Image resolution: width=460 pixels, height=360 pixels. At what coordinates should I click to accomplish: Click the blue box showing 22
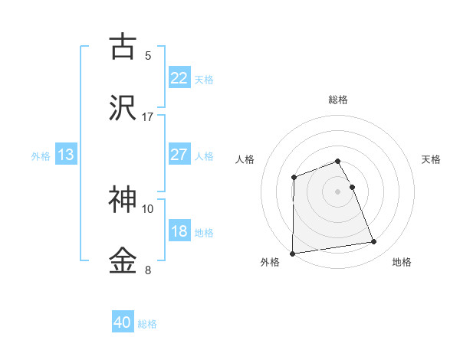pyautogui.click(x=179, y=78)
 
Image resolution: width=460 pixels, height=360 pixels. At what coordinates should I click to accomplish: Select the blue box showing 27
pyautogui.click(x=179, y=155)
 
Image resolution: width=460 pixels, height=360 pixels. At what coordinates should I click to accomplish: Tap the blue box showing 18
pyautogui.click(x=179, y=231)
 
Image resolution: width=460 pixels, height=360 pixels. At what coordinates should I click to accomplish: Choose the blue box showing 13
pyautogui.click(x=66, y=155)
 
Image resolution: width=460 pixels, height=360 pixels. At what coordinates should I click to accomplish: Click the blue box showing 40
pyautogui.click(x=123, y=322)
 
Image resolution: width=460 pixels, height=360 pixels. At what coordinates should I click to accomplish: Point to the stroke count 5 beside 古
pyautogui.click(x=148, y=55)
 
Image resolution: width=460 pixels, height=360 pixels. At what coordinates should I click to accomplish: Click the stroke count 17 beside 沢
pyautogui.click(x=148, y=116)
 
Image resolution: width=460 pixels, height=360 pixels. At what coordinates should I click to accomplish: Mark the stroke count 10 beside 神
pyautogui.click(x=148, y=208)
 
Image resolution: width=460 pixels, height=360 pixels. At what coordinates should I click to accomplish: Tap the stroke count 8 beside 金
pyautogui.click(x=148, y=270)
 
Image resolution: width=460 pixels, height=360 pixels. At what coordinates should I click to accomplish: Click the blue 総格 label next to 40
pyautogui.click(x=147, y=324)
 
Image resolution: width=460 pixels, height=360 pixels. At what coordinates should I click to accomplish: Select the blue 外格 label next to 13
pyautogui.click(x=41, y=156)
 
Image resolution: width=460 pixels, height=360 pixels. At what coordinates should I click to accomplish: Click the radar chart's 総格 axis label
pyautogui.click(x=338, y=100)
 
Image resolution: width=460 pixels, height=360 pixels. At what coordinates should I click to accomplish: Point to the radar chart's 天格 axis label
pyautogui.click(x=431, y=159)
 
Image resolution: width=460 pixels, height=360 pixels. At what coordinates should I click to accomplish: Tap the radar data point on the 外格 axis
pyautogui.click(x=293, y=253)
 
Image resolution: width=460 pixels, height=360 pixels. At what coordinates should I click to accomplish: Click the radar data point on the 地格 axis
pyautogui.click(x=374, y=242)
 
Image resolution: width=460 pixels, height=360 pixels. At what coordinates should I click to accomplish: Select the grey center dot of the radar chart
pyautogui.click(x=338, y=191)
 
